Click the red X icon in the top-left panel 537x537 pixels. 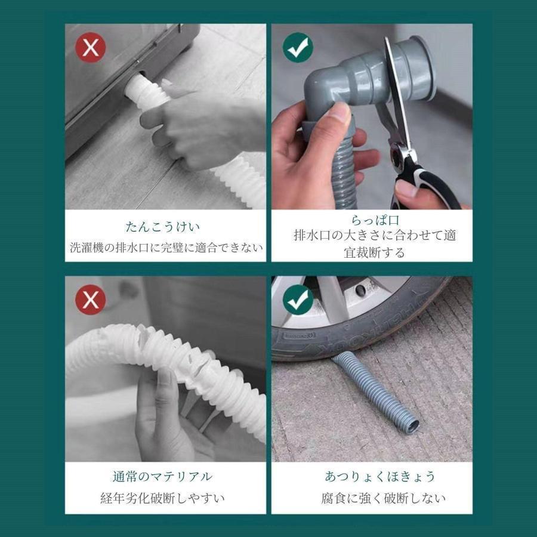90,48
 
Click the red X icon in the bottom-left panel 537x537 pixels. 90,300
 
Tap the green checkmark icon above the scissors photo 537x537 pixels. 298,48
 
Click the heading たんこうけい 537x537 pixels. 163,227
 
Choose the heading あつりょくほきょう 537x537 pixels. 372,477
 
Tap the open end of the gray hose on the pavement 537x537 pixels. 410,426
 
